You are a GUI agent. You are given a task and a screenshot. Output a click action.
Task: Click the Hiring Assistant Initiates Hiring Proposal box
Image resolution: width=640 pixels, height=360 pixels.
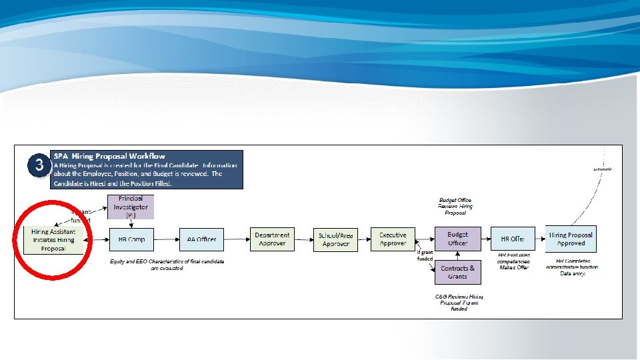(x=53, y=239)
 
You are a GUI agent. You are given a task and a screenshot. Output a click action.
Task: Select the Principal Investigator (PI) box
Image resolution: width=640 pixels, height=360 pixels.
(x=131, y=207)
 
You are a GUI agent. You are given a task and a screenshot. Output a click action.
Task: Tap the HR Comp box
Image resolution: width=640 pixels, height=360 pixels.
(x=131, y=239)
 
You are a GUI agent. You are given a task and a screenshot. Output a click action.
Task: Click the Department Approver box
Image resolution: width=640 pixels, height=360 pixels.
(x=272, y=239)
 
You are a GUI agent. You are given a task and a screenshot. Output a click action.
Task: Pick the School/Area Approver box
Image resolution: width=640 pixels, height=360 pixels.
(x=336, y=239)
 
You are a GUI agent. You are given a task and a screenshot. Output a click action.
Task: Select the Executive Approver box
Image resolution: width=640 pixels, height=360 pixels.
(x=393, y=239)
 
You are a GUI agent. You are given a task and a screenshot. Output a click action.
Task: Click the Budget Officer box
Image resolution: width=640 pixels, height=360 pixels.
(x=457, y=239)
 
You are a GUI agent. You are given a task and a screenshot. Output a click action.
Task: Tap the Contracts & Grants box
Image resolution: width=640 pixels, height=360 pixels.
(x=457, y=272)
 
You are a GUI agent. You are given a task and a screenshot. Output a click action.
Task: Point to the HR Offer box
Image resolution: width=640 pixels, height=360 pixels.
(x=513, y=239)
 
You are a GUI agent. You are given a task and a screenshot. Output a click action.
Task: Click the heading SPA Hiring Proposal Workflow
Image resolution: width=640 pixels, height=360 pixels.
(x=109, y=156)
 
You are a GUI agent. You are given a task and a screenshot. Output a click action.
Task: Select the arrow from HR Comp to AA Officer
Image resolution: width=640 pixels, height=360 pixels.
(x=166, y=239)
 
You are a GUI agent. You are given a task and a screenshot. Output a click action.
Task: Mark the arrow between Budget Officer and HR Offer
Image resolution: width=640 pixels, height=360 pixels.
(x=485, y=239)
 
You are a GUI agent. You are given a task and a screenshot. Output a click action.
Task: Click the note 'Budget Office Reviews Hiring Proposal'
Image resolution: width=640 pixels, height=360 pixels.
(x=456, y=206)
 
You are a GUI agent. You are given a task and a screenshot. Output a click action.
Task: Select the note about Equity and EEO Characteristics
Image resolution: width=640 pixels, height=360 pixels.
(x=167, y=265)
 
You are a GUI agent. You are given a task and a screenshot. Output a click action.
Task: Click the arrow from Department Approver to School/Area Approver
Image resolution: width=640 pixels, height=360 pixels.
(x=303, y=239)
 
